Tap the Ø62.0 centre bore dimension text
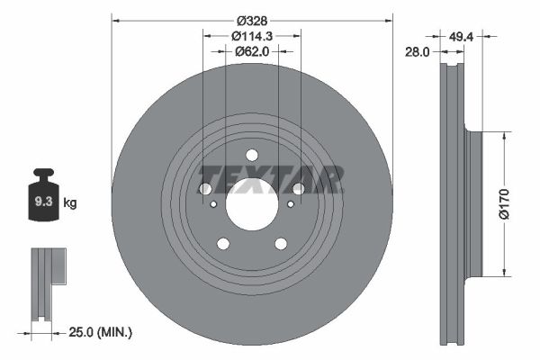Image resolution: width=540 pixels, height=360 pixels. (x=252, y=52)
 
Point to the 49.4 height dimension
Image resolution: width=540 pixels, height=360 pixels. (x=461, y=36)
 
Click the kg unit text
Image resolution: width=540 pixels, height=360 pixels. (x=71, y=203)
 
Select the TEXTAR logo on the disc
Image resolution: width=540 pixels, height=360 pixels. (x=271, y=179)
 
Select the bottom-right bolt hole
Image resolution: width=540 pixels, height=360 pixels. (x=281, y=243)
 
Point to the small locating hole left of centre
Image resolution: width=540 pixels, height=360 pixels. (x=212, y=204)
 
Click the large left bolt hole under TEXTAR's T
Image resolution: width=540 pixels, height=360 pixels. (x=204, y=189)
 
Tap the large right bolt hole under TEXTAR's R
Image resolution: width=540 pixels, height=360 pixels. (x=298, y=189)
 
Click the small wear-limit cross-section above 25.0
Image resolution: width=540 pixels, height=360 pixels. (x=44, y=283)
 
